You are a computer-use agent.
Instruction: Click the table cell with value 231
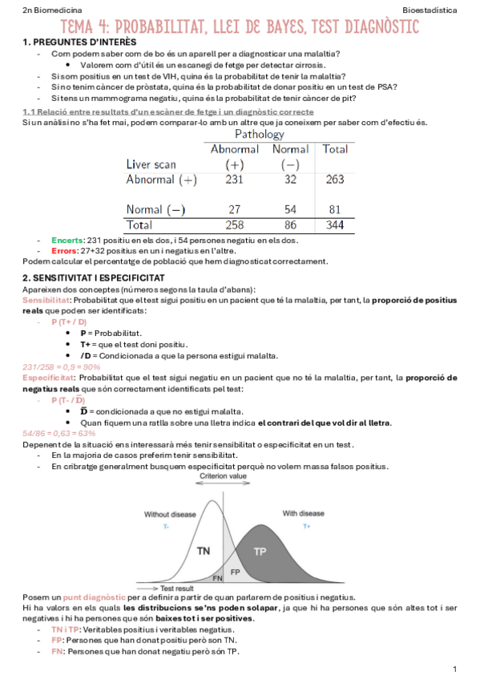(x=234, y=180)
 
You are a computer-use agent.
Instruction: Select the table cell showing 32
(x=290, y=180)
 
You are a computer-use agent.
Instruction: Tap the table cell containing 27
(x=234, y=209)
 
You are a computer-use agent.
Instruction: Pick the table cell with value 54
(x=290, y=209)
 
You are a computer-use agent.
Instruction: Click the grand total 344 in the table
(x=335, y=225)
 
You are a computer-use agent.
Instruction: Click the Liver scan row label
(x=151, y=164)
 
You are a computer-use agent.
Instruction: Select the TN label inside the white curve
(x=203, y=551)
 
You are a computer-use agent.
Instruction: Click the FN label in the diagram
(x=216, y=577)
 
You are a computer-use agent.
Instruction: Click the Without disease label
(x=167, y=513)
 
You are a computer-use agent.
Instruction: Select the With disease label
(x=303, y=513)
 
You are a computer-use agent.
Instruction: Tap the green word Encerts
(x=67, y=240)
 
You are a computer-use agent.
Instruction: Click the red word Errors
(x=64, y=250)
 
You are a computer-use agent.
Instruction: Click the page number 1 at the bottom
(x=454, y=669)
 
